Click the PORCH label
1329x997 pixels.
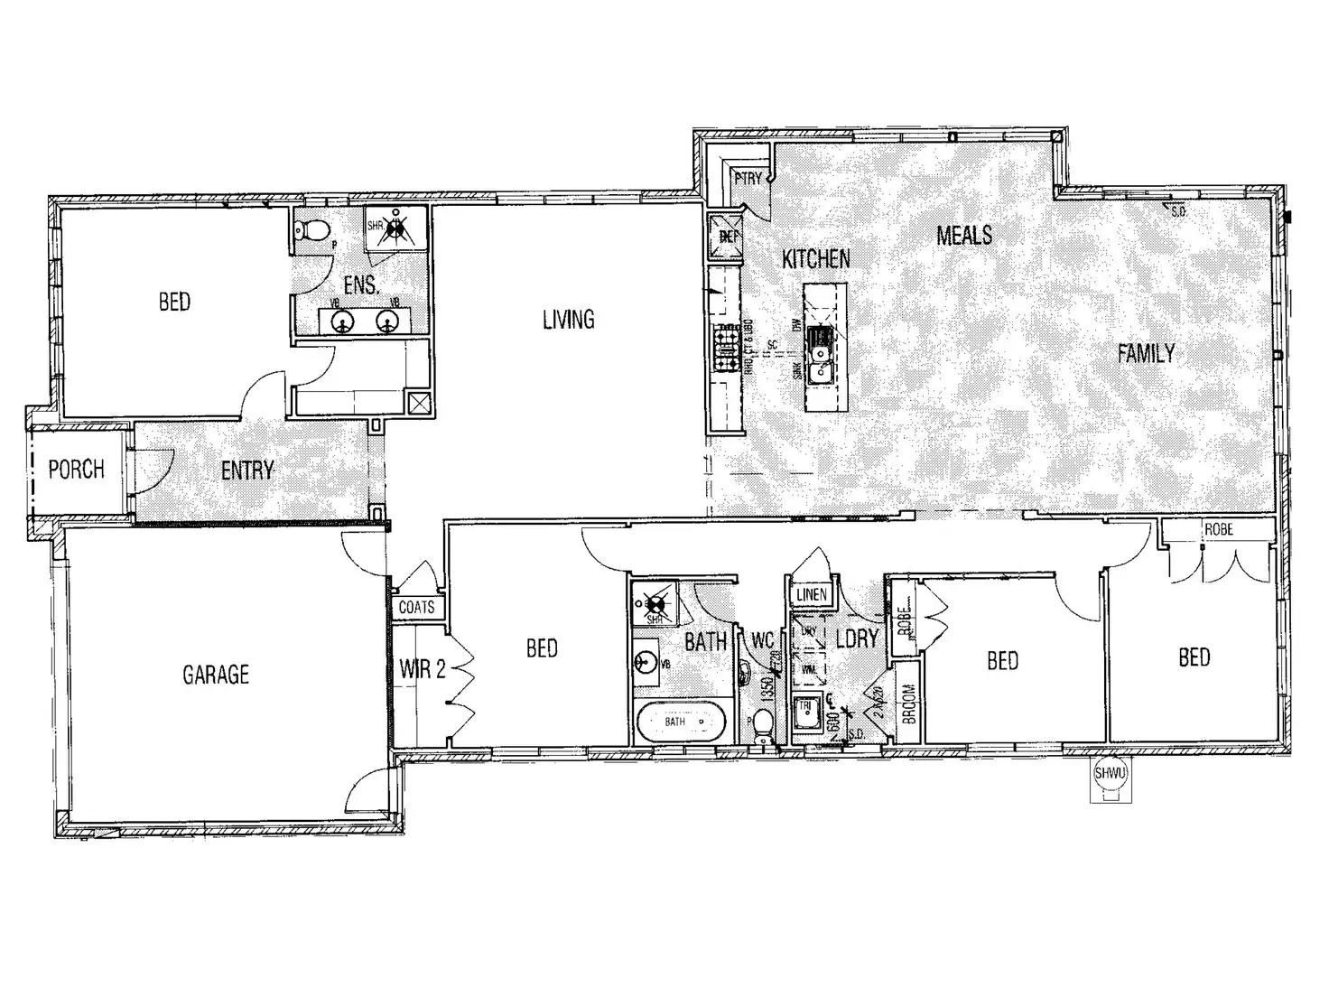(x=76, y=470)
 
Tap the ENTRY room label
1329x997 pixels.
(x=247, y=471)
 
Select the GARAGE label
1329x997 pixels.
(x=216, y=675)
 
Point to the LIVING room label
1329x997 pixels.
(x=569, y=320)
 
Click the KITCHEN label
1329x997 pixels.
(x=816, y=259)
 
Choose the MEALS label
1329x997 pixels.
(x=964, y=236)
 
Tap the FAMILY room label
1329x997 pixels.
(x=1147, y=353)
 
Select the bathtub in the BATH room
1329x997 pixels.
(x=676, y=722)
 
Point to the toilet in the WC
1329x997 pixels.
(x=764, y=722)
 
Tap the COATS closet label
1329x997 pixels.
(x=416, y=608)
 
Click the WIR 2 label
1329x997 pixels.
(x=423, y=670)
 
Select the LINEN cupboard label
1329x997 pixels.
(x=811, y=594)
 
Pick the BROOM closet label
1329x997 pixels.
(x=908, y=703)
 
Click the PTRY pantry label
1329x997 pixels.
(x=748, y=179)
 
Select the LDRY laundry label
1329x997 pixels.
(x=856, y=638)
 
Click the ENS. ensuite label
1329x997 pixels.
(x=360, y=285)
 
